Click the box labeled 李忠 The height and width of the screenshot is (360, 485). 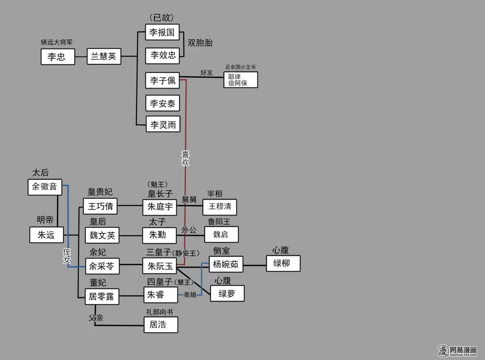point(58,57)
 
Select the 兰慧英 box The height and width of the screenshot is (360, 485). point(104,56)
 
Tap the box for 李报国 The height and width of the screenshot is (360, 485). point(162,32)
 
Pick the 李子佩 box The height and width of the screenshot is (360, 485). point(162,80)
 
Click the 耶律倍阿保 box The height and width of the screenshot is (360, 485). point(240,80)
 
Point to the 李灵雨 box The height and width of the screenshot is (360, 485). point(162,125)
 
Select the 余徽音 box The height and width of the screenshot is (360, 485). point(45,187)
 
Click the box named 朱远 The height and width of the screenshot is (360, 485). point(46,235)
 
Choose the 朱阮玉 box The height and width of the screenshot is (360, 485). point(160,266)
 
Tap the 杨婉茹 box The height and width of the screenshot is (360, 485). point(226,265)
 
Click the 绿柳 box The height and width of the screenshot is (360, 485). point(283,263)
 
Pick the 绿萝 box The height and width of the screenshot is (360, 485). point(227,294)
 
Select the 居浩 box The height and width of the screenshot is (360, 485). point(160,324)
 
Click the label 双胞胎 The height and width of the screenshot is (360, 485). point(200,43)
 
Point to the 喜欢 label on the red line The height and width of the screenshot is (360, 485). point(185,158)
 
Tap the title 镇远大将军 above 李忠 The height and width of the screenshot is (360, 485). point(57,42)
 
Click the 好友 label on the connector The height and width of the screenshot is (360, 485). point(207,72)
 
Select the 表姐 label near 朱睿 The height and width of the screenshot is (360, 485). point(190,294)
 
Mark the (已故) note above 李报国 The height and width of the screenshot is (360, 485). point(162,18)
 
